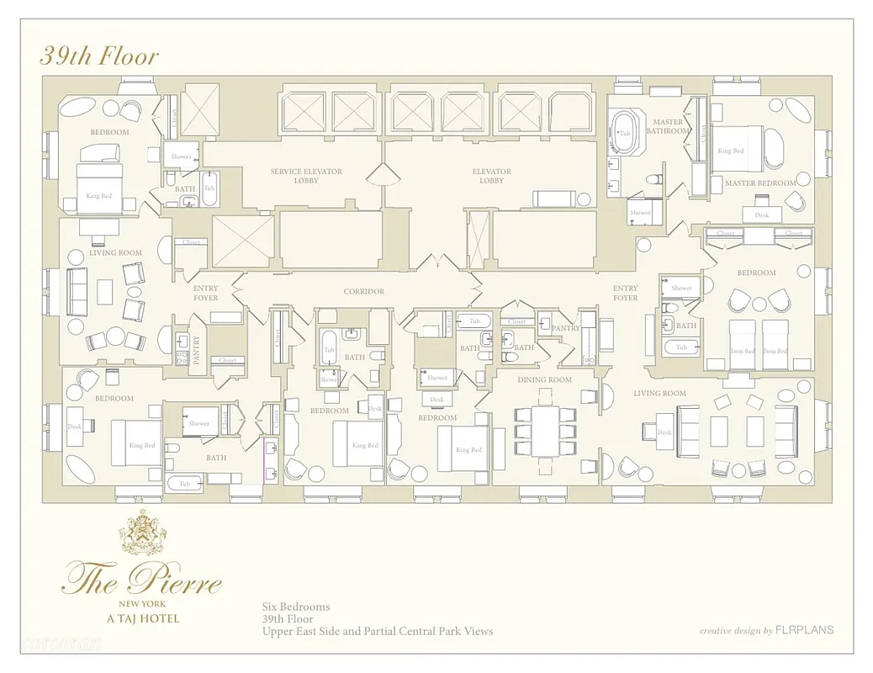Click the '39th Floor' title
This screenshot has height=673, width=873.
pyautogui.click(x=99, y=56)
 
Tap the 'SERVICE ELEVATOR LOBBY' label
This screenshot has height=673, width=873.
pyautogui.click(x=306, y=176)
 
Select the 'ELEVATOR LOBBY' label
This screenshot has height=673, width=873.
pyautogui.click(x=492, y=176)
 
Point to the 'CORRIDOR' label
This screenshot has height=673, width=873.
pyautogui.click(x=364, y=292)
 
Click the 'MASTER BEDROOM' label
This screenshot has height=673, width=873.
pyautogui.click(x=760, y=183)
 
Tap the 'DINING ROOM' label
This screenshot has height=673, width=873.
pyautogui.click(x=545, y=380)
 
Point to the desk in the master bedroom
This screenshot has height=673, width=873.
pyautogui.click(x=762, y=214)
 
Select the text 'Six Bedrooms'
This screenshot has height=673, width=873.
pyautogui.click(x=295, y=607)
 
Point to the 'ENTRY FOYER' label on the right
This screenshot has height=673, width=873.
pyautogui.click(x=625, y=293)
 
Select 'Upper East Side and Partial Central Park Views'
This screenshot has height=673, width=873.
pyautogui.click(x=377, y=631)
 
